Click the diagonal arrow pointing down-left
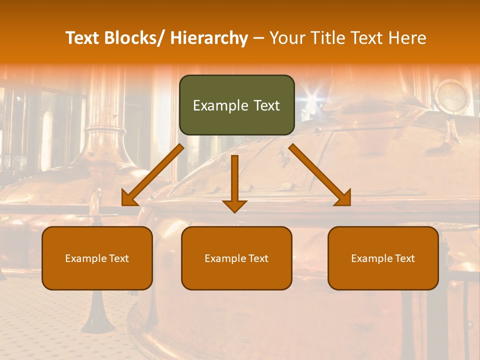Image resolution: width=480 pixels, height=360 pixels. [x=153, y=175]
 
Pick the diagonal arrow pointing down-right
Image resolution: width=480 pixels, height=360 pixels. [x=320, y=175]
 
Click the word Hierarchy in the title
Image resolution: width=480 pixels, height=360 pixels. [x=209, y=38]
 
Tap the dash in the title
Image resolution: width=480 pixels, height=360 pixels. [x=258, y=38]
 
